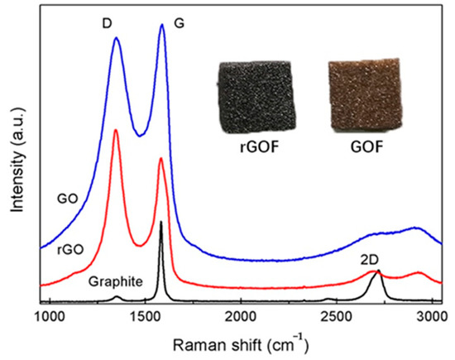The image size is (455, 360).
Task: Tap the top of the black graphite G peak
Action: coord(160,222)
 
